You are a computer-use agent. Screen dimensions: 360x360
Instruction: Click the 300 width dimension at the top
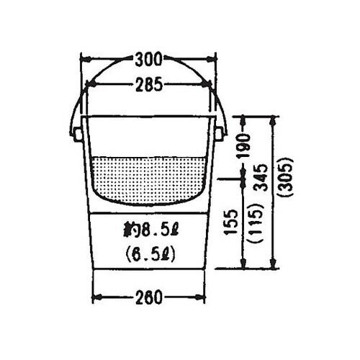coord(149,58)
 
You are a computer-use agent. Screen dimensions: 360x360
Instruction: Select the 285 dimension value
coord(149,85)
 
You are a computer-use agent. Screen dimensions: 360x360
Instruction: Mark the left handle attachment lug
coord(77,133)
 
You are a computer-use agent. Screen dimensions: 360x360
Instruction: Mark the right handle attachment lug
coord(220,133)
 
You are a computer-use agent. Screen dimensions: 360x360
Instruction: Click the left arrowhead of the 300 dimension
coord(84,58)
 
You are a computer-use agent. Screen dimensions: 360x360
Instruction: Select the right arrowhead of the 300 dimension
coord(213,58)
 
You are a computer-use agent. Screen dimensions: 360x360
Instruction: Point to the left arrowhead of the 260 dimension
coord(96,297)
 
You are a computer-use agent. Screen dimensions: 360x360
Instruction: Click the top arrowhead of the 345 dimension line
coord(271,120)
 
